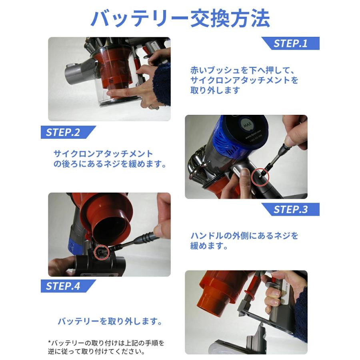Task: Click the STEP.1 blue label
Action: click(290, 43)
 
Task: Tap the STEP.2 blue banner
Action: click(68, 132)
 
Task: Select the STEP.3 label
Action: click(290, 209)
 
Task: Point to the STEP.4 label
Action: click(68, 286)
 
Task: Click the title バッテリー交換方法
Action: click(180, 18)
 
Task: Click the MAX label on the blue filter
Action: click(247, 125)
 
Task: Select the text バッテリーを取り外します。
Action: click(110, 322)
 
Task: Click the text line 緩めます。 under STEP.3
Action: click(209, 246)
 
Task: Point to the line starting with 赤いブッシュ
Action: click(242, 70)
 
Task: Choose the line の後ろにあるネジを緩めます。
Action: click(110, 164)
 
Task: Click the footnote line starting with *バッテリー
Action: click(106, 343)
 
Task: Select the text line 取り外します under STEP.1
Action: click(215, 90)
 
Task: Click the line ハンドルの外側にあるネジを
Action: click(244, 236)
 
